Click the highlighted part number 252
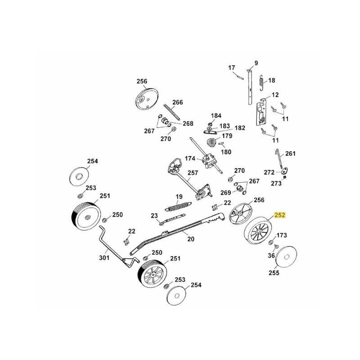pyautogui.click(x=280, y=216)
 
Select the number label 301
pyautogui.click(x=104, y=258)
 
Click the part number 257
pyautogui.click(x=193, y=173)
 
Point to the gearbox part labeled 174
pyautogui.click(x=209, y=162)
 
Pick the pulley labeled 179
pyautogui.click(x=211, y=143)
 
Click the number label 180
pyautogui.click(x=226, y=152)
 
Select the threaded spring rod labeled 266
pyautogui.click(x=172, y=113)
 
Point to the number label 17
pyautogui.click(x=232, y=68)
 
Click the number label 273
pyautogui.click(x=276, y=183)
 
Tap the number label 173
pyautogui.click(x=281, y=235)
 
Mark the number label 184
pyautogui.click(x=216, y=116)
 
